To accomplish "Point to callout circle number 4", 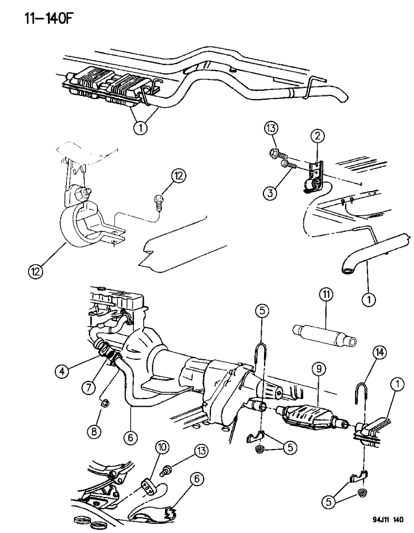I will (63, 371).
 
